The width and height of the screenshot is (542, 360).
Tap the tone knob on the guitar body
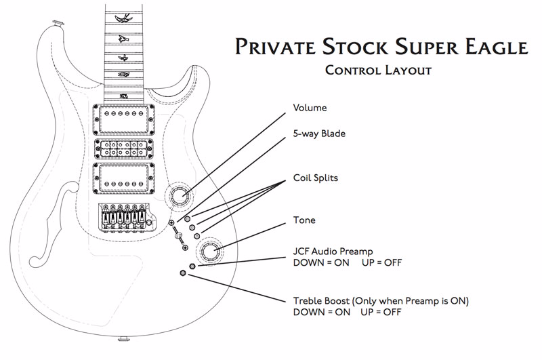(x=208, y=251)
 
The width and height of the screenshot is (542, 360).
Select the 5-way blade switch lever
(x=178, y=235)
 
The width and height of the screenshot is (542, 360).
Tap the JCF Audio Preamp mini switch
(x=192, y=266)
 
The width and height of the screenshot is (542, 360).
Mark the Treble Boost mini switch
(x=183, y=273)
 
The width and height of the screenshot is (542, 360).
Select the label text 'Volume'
(x=310, y=108)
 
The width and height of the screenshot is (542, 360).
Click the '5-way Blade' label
(x=319, y=134)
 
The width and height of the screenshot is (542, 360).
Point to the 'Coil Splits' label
(x=316, y=178)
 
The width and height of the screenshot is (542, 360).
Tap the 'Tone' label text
(x=304, y=220)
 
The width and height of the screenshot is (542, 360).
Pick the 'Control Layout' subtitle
(x=378, y=71)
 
